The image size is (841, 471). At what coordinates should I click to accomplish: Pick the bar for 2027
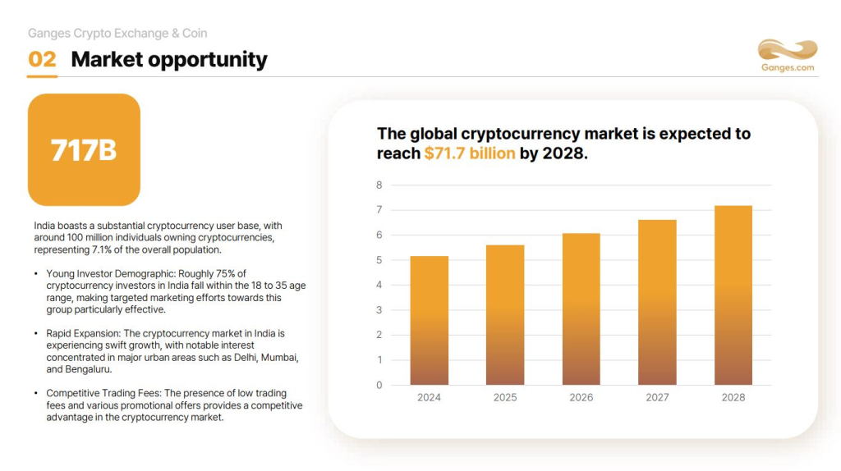(657, 302)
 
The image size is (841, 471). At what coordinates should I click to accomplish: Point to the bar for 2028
(733, 295)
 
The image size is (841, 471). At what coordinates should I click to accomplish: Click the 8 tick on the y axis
(379, 185)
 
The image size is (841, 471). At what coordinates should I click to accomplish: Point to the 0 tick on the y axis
(379, 385)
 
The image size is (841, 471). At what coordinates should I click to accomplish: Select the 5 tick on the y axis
(379, 260)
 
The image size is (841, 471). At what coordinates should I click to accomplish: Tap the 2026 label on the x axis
(581, 397)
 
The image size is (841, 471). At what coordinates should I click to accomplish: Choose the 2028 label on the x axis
(733, 397)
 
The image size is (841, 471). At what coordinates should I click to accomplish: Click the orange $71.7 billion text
(470, 153)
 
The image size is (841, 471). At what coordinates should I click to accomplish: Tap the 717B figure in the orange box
(84, 150)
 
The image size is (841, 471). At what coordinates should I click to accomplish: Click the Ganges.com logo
(787, 56)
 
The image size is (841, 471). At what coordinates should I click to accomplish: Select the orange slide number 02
(42, 60)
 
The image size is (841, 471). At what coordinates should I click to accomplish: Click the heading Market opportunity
(169, 60)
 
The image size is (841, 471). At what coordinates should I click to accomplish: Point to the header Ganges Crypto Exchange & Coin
(117, 34)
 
